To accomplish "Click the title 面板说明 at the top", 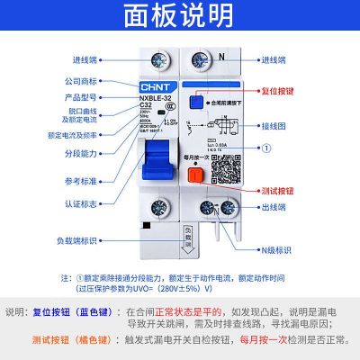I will [x=180, y=16].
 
